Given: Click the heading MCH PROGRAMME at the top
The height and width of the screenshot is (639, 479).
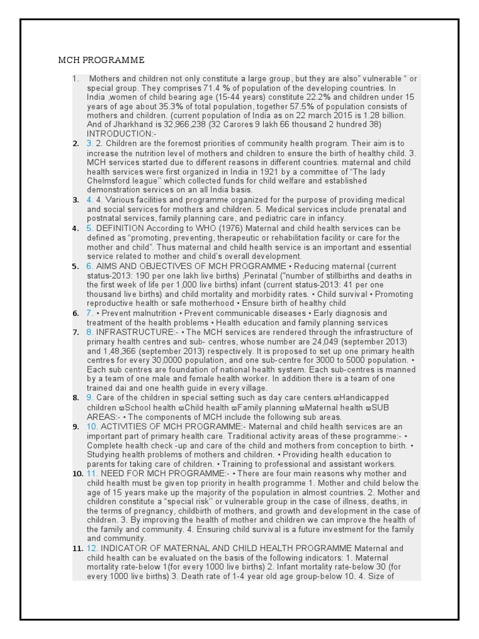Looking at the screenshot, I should tap(101, 60).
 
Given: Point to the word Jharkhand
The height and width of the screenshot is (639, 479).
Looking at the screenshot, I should tap(123, 124).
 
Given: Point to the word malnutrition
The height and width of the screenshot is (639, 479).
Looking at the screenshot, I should tap(151, 313).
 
